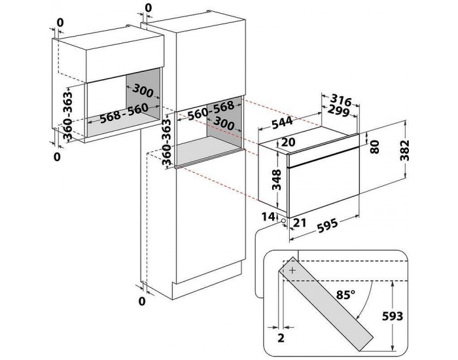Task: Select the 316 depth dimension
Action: pos(340,100)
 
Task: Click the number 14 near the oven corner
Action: pos(268,216)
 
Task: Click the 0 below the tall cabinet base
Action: pos(141,301)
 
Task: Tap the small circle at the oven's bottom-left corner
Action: pos(285,221)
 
